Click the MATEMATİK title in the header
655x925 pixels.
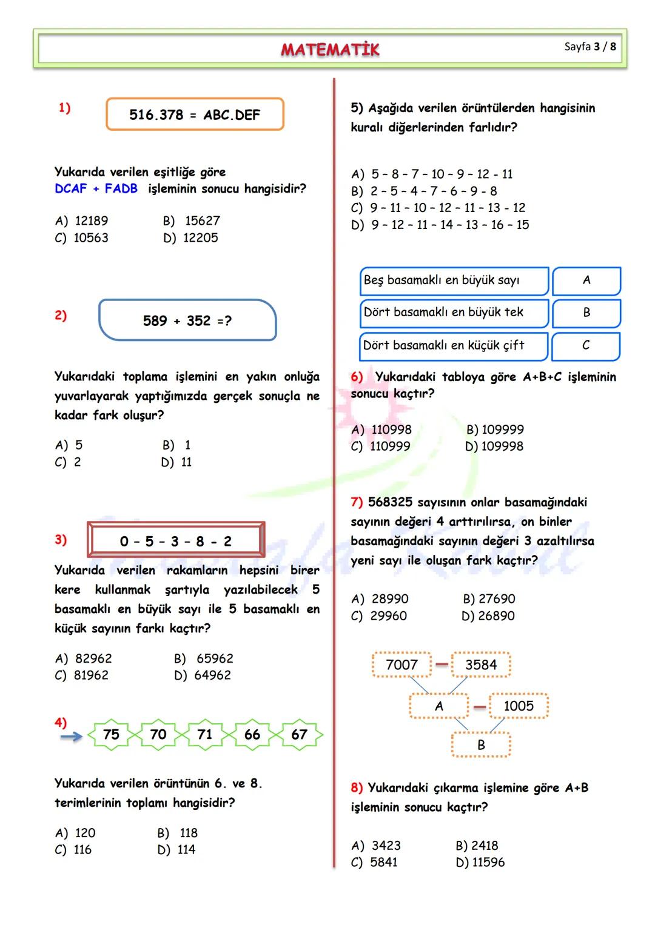point(330,49)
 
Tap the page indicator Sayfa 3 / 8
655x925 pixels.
point(589,47)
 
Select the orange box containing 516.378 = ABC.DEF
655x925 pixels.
point(195,114)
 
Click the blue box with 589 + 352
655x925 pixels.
point(187,320)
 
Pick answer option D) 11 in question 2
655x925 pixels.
point(176,462)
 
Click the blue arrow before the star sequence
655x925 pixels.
point(72,737)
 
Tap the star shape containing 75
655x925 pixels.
point(111,735)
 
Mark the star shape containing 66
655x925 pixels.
point(252,735)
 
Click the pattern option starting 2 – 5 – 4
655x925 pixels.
point(433,191)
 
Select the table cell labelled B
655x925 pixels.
point(586,313)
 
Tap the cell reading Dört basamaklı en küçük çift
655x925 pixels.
point(454,345)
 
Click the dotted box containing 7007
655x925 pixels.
point(401,665)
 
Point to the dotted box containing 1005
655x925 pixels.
point(519,706)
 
